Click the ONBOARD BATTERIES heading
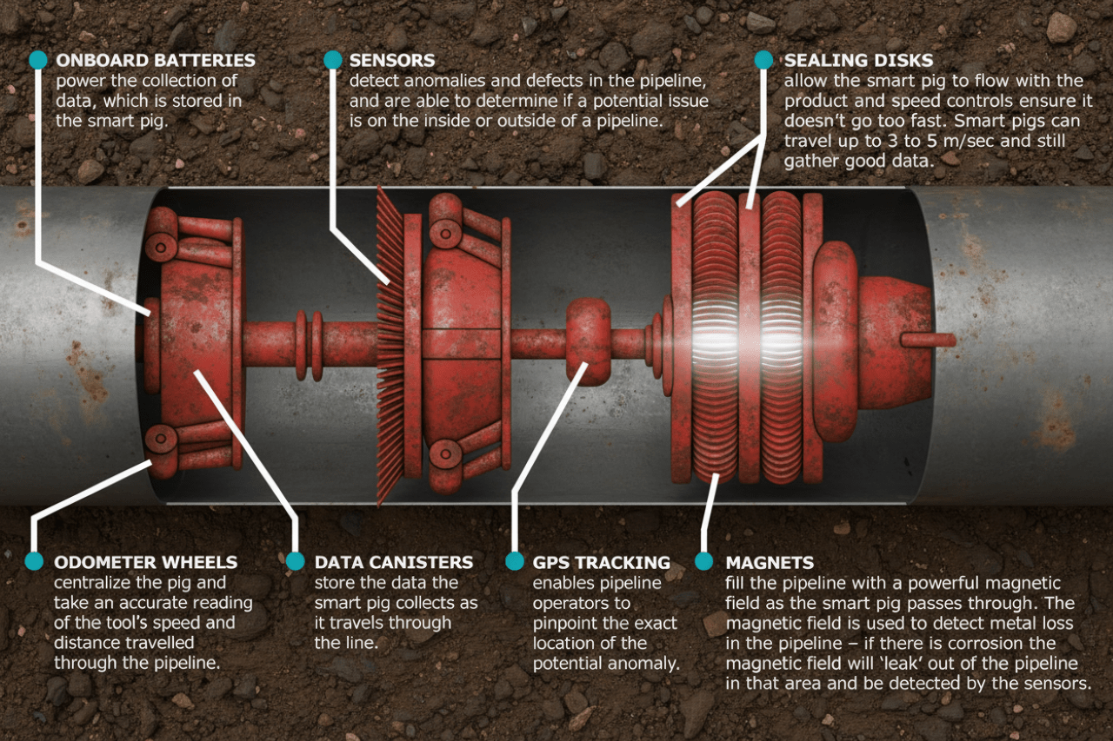(x=156, y=61)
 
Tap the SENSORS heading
(x=392, y=61)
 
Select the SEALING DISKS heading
(x=858, y=61)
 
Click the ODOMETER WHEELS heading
(x=145, y=563)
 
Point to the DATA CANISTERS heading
(x=394, y=563)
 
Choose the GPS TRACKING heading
(x=601, y=563)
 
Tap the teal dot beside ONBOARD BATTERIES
(x=37, y=60)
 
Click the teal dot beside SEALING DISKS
(x=763, y=60)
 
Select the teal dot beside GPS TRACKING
(x=514, y=561)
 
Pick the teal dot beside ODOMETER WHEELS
(x=34, y=561)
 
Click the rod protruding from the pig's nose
(x=928, y=340)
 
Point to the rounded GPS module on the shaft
(x=588, y=341)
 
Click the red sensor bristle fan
(x=390, y=347)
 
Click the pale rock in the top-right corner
(x=1061, y=28)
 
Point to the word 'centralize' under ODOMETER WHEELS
(x=97, y=583)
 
